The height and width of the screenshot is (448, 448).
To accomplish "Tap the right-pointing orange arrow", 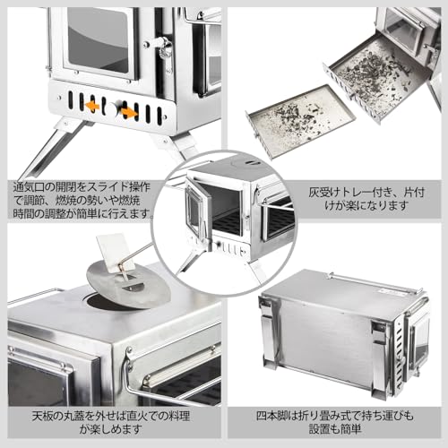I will pyautogui.click(x=130, y=112).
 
